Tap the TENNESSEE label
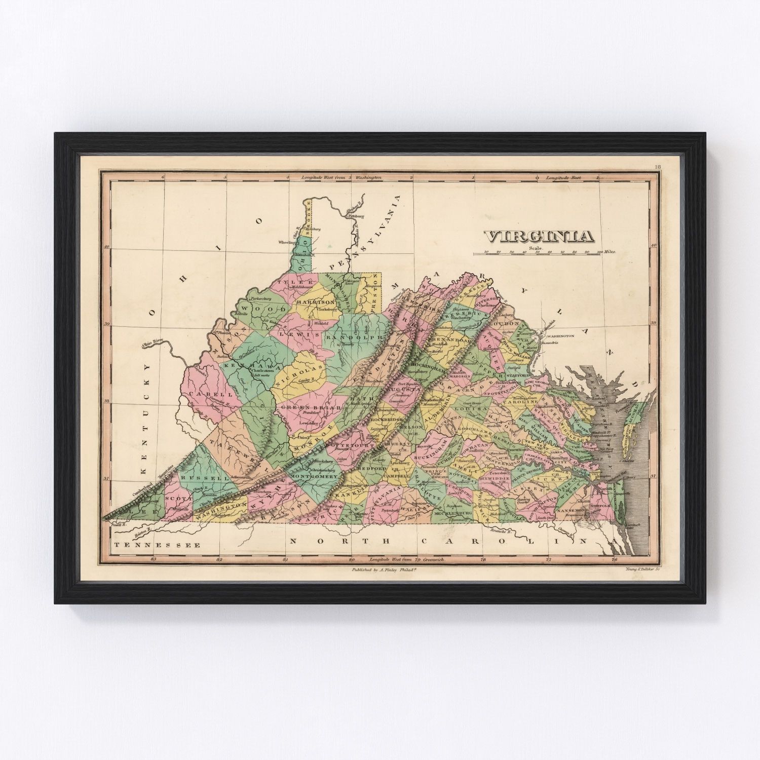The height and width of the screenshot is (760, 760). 157,545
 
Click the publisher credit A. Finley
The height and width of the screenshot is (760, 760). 383,569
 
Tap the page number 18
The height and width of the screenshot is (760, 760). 657,167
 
